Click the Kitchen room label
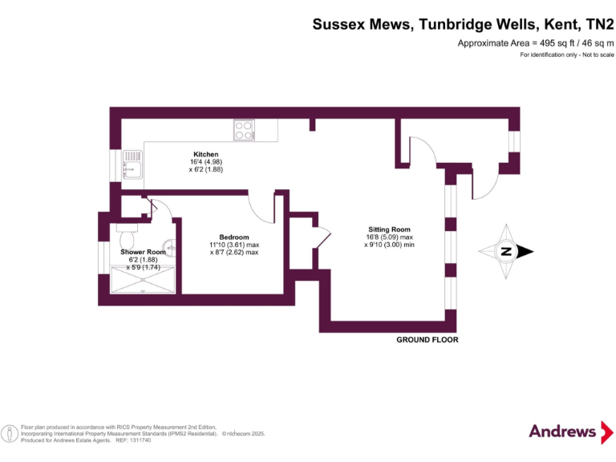coord(205,154)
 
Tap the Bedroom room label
coord(234,237)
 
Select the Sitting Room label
coord(384,229)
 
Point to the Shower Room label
coord(143,252)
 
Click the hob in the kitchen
coord(244,128)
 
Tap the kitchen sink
coord(132,168)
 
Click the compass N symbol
coord(506,251)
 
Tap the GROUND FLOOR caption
coord(428,340)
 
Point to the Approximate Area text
coord(535,43)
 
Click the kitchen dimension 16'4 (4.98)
coord(205,162)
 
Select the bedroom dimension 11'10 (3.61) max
coord(234,245)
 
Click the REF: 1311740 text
coord(134,440)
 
